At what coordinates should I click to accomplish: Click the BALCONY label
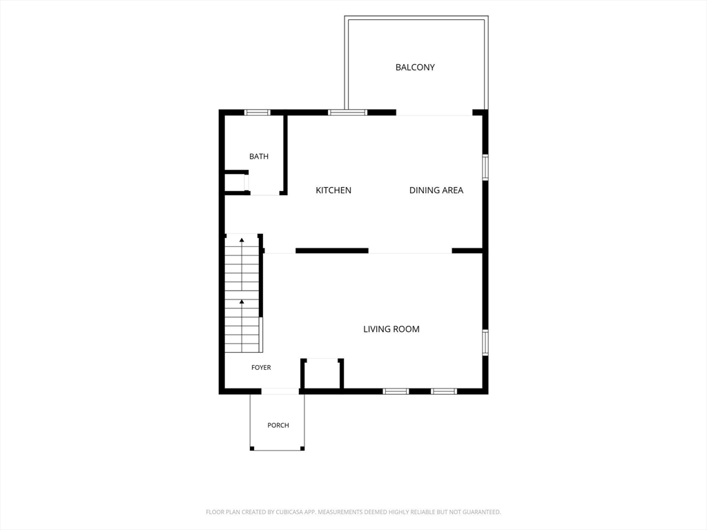(x=415, y=67)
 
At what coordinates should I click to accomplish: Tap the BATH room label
(x=259, y=157)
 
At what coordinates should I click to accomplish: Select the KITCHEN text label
(x=333, y=190)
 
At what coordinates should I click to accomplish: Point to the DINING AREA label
(x=436, y=190)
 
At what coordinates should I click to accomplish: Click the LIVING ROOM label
(x=391, y=329)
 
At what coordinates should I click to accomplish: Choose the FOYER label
(x=261, y=367)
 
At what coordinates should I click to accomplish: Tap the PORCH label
(x=278, y=425)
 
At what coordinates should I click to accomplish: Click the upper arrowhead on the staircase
(x=242, y=239)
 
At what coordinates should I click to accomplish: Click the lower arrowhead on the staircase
(x=242, y=302)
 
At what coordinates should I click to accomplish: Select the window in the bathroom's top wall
(x=258, y=112)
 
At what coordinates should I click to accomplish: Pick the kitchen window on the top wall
(x=347, y=112)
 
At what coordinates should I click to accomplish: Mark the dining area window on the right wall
(x=485, y=167)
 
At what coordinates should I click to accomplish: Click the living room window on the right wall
(x=485, y=342)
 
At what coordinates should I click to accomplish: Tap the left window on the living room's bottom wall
(x=396, y=391)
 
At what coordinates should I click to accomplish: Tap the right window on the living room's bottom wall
(x=444, y=391)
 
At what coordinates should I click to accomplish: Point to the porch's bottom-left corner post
(x=252, y=449)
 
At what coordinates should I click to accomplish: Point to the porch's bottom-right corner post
(x=302, y=449)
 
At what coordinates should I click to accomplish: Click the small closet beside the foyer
(x=322, y=373)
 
